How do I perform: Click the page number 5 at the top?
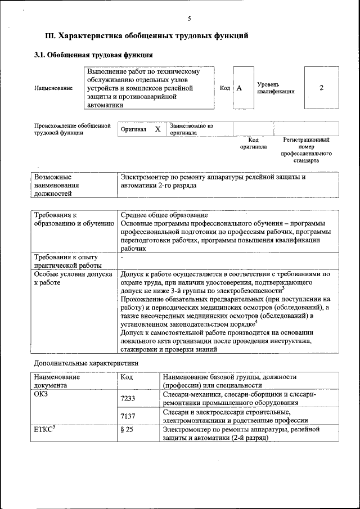[x=189, y=19]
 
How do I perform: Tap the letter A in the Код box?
[x=239, y=88]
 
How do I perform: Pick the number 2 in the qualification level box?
[x=321, y=88]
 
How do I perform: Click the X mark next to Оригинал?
[x=157, y=129]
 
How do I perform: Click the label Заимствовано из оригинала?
[x=191, y=129]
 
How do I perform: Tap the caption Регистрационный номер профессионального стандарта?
[x=307, y=149]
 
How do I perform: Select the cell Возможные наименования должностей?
[x=56, y=185]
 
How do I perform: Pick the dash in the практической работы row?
[x=123, y=258]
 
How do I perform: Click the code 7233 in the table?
[x=129, y=398]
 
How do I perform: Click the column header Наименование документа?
[x=56, y=381]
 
